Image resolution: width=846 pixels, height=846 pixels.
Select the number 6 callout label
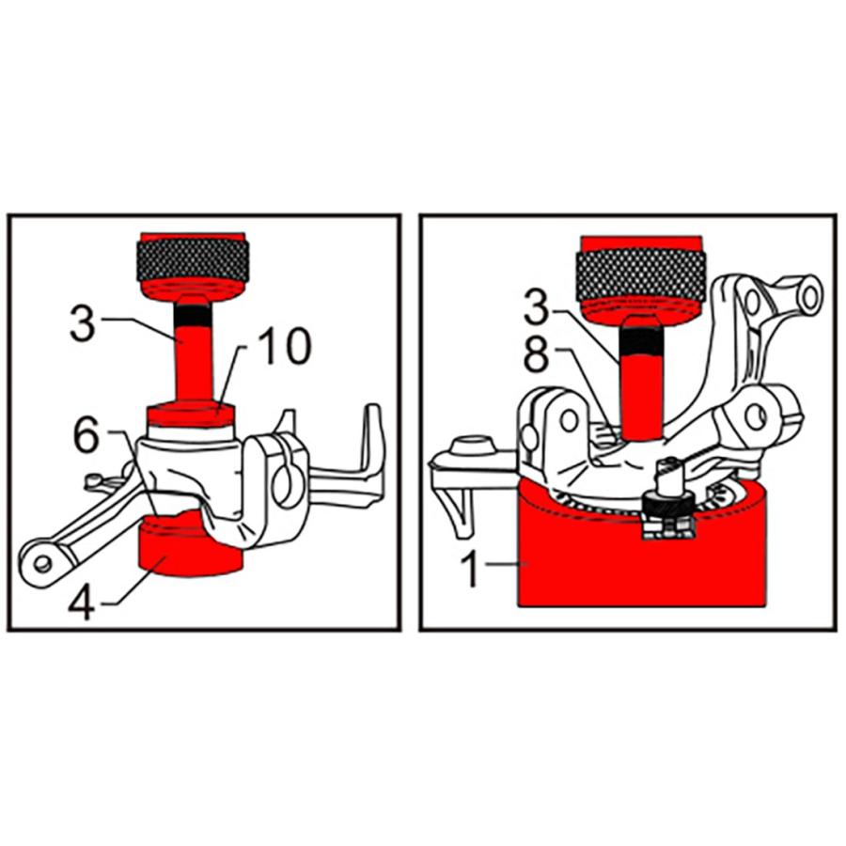86,435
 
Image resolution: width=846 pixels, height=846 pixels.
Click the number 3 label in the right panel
537,308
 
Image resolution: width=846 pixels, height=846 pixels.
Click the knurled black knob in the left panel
193,259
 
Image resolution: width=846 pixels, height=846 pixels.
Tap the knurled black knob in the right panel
641,275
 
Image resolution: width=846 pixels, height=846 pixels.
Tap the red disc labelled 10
191,414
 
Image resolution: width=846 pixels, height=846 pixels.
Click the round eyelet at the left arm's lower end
42,564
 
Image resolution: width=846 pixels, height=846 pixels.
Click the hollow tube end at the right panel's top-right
807,294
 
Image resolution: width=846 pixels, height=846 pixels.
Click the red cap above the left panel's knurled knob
193,238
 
